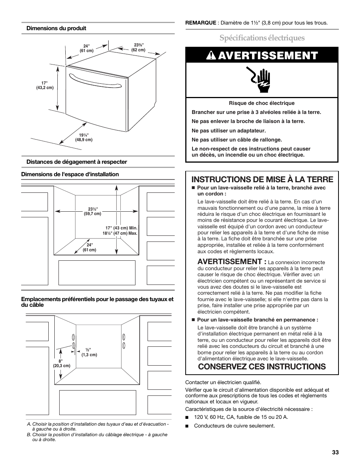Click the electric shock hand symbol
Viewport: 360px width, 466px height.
click(x=261, y=80)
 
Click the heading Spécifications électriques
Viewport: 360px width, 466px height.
click(x=262, y=38)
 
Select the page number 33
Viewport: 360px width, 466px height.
click(x=335, y=452)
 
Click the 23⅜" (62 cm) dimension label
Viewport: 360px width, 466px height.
click(x=138, y=47)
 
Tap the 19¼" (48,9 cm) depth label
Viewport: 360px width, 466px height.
click(x=84, y=137)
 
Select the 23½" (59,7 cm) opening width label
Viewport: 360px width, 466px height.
click(x=92, y=211)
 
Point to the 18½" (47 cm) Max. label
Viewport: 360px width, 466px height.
click(x=120, y=233)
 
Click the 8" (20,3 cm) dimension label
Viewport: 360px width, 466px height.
click(x=61, y=363)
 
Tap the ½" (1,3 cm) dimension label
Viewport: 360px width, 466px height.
click(x=89, y=352)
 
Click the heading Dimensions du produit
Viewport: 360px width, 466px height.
click(x=56, y=28)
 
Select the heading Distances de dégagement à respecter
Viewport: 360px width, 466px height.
click(x=77, y=162)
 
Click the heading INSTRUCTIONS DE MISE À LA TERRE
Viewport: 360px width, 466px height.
click(x=263, y=179)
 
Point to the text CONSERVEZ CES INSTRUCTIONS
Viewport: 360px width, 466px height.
click(x=262, y=366)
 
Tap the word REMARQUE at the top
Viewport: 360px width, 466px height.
click(x=200, y=23)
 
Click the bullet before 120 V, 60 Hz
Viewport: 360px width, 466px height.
click(x=187, y=417)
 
